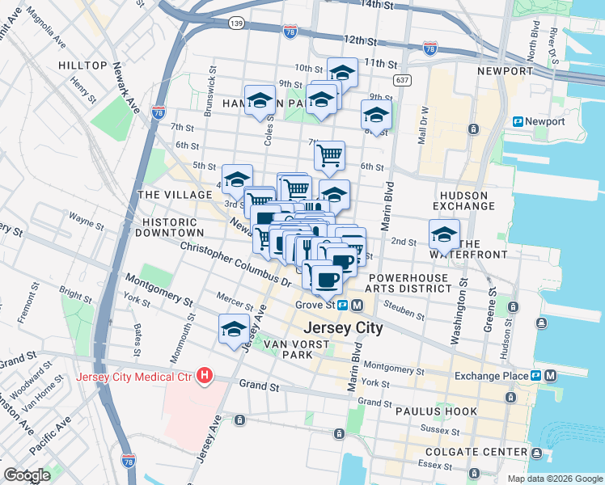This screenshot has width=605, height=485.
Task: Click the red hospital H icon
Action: coord(205,376)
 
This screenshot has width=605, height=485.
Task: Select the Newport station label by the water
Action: coord(544,121)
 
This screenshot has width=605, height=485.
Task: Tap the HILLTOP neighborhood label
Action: coord(82,65)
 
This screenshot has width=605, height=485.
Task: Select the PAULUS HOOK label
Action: coord(428,411)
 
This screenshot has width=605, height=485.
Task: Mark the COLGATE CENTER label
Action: coord(485,452)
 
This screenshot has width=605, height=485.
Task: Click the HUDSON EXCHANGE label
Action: coord(464,201)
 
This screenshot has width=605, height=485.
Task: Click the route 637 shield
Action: coord(401,80)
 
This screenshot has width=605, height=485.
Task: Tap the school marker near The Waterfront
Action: coord(444,234)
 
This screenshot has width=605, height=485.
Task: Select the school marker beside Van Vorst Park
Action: coord(234,329)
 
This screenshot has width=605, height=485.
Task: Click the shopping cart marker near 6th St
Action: coord(329,154)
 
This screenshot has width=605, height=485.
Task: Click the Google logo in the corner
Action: coord(27,475)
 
